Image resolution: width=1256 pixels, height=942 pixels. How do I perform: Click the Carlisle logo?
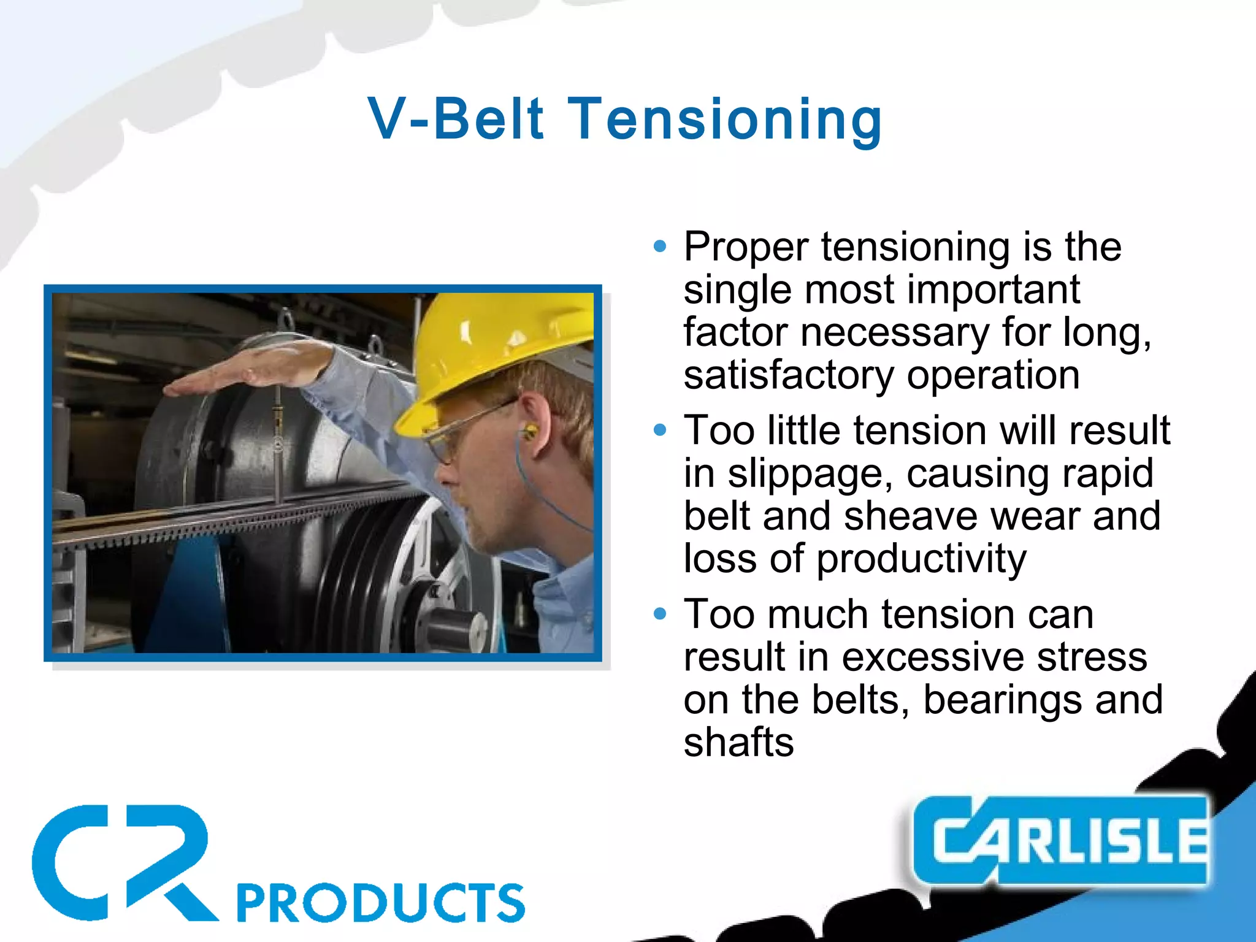(x=1061, y=840)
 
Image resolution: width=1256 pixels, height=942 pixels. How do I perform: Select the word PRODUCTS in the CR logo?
(x=380, y=903)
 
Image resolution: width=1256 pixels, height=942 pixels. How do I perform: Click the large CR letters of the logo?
(x=123, y=862)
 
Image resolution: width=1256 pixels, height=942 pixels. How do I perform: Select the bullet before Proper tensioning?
(x=660, y=247)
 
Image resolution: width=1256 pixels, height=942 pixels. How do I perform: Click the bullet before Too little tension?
(x=660, y=430)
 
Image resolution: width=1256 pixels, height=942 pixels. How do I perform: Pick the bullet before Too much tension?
(x=660, y=613)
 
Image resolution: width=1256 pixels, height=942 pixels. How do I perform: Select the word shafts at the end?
(x=738, y=743)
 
